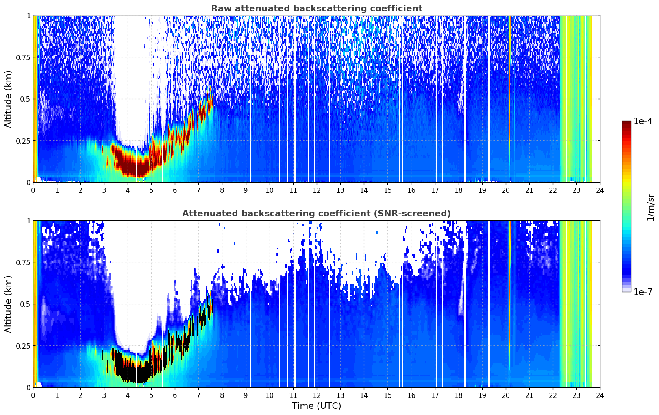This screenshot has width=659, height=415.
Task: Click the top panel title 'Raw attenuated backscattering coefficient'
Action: (317, 8)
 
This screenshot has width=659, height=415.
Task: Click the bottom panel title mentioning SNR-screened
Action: (317, 213)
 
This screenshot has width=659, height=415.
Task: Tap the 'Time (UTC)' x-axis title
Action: (317, 406)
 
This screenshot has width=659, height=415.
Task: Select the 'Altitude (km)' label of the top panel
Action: (8, 99)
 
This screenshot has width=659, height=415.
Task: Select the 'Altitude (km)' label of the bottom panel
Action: (8, 304)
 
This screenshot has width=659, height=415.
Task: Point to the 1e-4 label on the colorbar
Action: (642, 121)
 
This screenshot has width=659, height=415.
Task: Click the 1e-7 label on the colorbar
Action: (642, 292)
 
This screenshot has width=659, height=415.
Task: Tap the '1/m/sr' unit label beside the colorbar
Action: (650, 207)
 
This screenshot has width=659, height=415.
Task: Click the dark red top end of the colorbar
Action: (626, 123)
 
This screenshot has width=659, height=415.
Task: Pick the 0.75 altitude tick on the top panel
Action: (23, 57)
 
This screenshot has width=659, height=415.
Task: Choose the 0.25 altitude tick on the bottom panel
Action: (23, 346)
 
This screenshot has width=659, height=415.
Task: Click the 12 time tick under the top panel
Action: (317, 190)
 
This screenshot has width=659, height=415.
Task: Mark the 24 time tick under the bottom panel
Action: (600, 395)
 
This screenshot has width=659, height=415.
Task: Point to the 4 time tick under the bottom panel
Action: (128, 395)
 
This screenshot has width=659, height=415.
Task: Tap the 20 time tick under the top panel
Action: (506, 190)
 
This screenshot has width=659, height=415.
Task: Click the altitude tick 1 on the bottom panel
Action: (29, 221)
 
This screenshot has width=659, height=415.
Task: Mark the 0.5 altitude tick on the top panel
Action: (25, 99)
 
